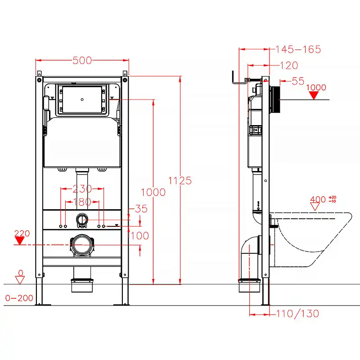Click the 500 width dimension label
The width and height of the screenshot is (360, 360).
[82, 60]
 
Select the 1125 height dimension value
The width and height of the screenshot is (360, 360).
[180, 180]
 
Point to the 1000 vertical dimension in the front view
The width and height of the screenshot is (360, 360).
[153, 192]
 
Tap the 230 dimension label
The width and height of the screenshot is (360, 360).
[82, 189]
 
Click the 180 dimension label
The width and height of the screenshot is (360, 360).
[82, 202]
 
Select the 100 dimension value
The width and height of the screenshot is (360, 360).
[139, 235]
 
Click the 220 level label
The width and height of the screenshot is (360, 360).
[22, 233]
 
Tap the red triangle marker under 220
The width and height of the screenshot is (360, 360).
[19, 241]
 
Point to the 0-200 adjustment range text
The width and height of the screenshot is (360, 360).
[19, 298]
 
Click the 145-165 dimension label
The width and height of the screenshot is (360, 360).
[297, 49]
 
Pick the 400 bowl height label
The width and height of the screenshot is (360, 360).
[318, 199]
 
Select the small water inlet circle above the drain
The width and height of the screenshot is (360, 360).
[81, 219]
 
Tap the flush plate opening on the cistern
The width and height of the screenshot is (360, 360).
[81, 99]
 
